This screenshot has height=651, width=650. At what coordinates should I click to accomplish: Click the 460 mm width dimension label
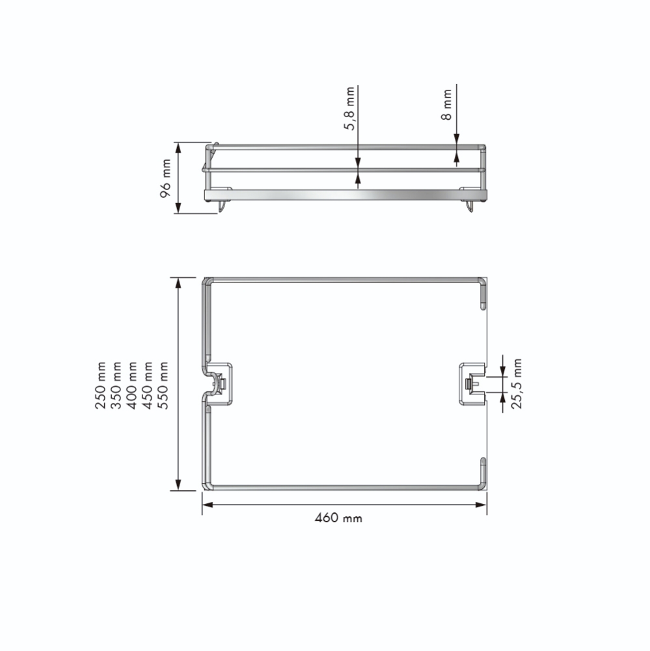(x=338, y=519)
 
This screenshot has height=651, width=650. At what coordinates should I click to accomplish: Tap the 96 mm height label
(x=166, y=178)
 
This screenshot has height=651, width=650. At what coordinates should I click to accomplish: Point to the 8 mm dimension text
(x=446, y=104)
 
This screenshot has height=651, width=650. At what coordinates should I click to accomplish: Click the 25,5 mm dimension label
(x=517, y=384)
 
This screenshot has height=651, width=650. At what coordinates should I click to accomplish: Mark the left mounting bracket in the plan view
(x=220, y=383)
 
